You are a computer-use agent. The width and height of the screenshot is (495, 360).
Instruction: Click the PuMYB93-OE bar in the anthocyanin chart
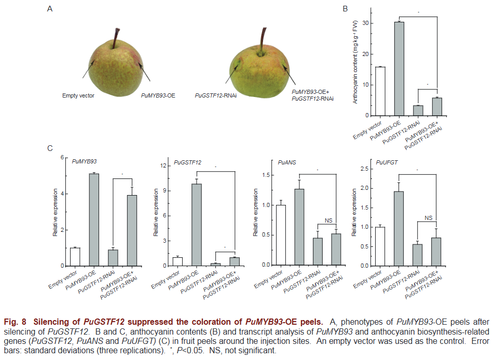coord(400,68)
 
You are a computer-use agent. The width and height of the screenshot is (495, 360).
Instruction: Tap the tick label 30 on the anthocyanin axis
coord(365,23)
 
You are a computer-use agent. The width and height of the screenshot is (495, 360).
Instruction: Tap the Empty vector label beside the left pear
coord(78,96)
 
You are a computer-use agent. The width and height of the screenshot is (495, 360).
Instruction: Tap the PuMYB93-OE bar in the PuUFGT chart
coord(399,228)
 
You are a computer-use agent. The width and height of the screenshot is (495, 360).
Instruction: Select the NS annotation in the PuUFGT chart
coord(428,218)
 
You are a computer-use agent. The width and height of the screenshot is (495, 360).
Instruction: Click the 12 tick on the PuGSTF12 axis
coord(164,166)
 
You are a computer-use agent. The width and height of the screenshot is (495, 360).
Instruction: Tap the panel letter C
coord(50,148)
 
